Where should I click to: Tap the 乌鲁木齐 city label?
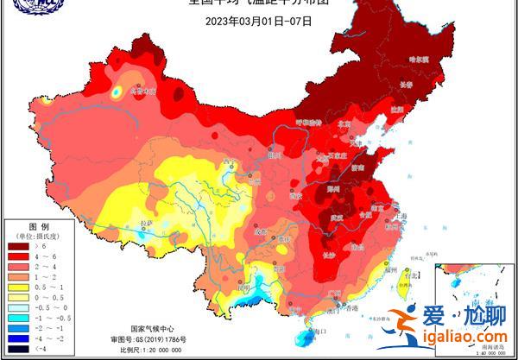point(142,89)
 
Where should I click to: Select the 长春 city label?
point(407,85)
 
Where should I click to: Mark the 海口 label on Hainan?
point(320,331)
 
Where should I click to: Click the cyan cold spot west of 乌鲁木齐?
point(116,90)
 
